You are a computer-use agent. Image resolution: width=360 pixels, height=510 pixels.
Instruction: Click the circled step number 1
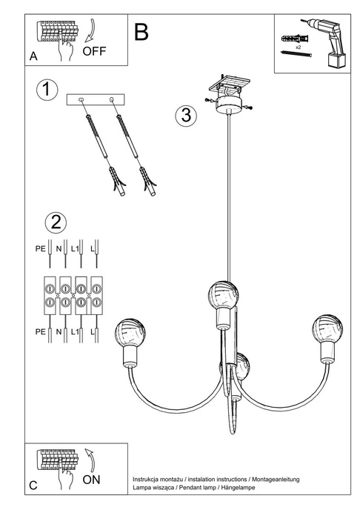(47, 90)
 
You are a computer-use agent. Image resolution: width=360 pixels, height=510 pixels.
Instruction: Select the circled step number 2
(55, 222)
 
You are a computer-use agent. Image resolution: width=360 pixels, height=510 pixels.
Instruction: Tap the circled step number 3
(186, 116)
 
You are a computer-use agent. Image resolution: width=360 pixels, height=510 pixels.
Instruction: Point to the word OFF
(96, 51)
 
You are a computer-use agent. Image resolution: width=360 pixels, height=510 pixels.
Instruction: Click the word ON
(92, 480)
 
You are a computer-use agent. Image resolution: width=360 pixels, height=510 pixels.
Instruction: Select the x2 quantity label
(298, 46)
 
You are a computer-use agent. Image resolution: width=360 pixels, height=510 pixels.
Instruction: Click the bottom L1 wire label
(76, 335)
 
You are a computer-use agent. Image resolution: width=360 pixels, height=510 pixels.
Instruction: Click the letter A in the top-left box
(33, 56)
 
